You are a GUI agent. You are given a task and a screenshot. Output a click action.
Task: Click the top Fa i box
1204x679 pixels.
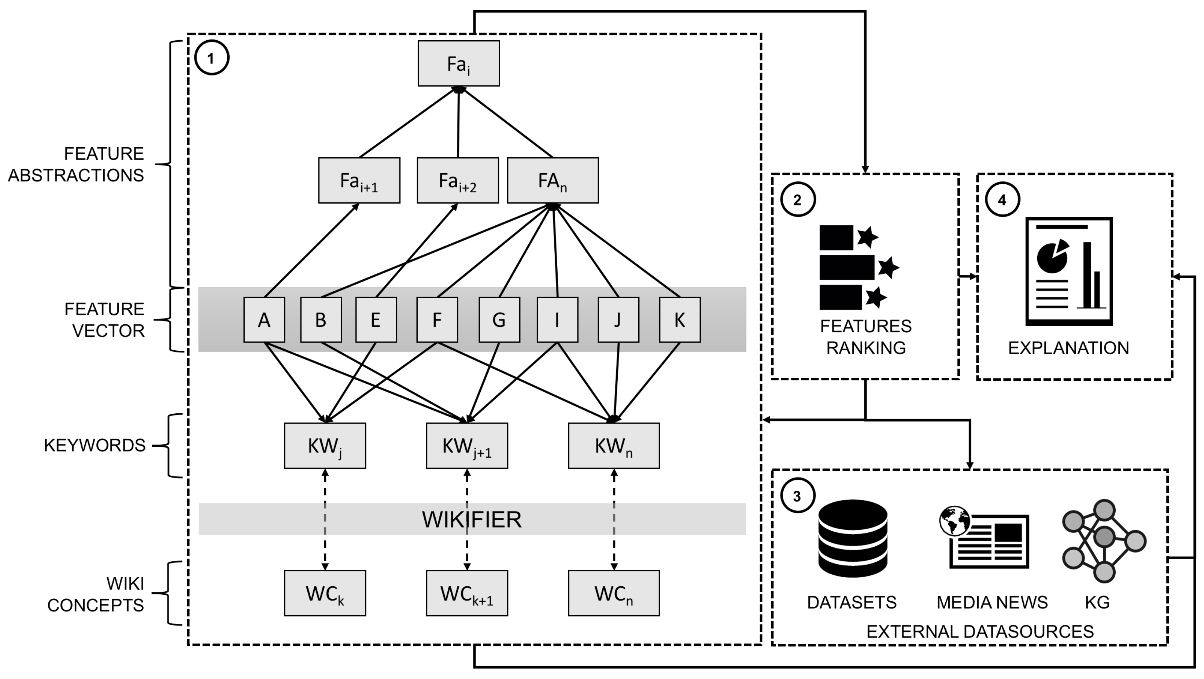point(458,63)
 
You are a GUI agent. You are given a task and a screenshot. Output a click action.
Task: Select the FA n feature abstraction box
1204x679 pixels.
point(553,180)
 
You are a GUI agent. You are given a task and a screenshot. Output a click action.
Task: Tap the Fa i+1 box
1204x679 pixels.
point(359,180)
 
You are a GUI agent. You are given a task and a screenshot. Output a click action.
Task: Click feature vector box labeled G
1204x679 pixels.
point(499,320)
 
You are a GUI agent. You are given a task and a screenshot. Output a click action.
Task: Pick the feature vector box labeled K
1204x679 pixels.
point(680,320)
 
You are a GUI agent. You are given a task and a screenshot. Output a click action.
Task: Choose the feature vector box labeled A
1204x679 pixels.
point(264,320)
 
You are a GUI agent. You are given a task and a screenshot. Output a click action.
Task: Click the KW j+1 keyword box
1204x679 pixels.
point(466,446)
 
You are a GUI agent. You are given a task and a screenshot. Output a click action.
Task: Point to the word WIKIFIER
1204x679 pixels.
point(472,519)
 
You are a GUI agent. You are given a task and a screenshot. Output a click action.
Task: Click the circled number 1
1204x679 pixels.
point(211,58)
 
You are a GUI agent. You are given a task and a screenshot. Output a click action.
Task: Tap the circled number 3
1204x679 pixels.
point(797,495)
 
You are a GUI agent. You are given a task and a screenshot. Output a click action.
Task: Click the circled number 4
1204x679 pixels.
point(1002,200)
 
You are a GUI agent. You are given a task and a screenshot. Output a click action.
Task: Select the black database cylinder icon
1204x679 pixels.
point(853,538)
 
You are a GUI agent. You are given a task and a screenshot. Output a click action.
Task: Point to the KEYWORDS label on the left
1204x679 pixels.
point(95,445)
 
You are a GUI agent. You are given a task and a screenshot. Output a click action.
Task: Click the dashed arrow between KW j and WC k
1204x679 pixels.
point(325,519)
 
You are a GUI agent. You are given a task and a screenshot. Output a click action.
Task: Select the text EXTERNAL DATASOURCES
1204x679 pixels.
point(980,631)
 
